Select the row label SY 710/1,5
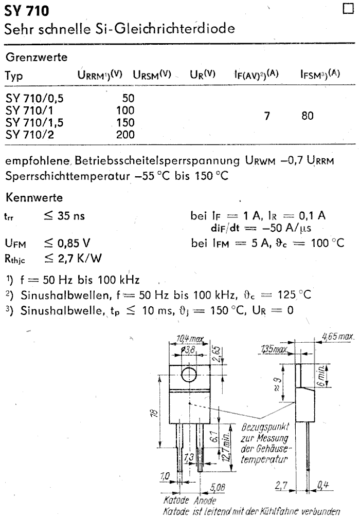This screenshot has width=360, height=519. pos(35,123)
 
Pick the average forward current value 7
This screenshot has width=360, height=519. pos(267,117)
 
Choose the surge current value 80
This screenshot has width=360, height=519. pos(308,117)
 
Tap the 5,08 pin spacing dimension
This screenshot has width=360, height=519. pos(217,486)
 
